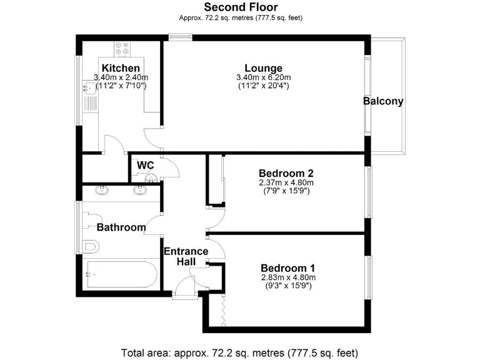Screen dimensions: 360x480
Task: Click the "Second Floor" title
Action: pos(240,7)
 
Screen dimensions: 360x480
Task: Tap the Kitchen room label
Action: pos(121,68)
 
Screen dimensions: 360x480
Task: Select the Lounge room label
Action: pos(263,68)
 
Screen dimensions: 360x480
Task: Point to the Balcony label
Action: pos(384,101)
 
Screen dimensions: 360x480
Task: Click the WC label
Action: pos(146,165)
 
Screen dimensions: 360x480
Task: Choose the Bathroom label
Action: pos(121,227)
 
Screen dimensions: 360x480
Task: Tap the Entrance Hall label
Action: pos(186,256)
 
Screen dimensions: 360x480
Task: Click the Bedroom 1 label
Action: pos(288,267)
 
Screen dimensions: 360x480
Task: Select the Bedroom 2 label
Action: pos(286,173)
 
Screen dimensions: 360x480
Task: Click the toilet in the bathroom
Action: pos(91,246)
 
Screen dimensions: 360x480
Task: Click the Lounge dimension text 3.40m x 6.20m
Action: pos(263,77)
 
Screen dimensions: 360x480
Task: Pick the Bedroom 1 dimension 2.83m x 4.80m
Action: pos(288,277)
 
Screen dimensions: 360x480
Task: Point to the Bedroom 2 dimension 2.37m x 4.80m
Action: pos(286,182)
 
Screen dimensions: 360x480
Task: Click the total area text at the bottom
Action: pos(240,352)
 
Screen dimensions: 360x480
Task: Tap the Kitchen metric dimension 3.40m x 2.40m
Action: pos(121,77)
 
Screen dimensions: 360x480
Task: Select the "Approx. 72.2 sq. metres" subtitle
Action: pos(240,17)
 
